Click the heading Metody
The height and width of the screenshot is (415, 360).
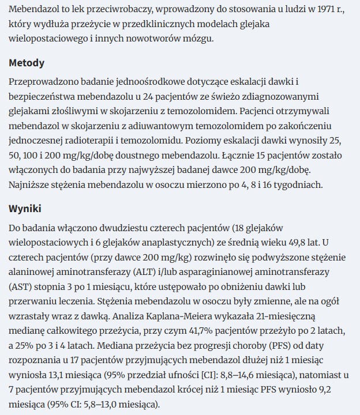pyautogui.click(x=27, y=63)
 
